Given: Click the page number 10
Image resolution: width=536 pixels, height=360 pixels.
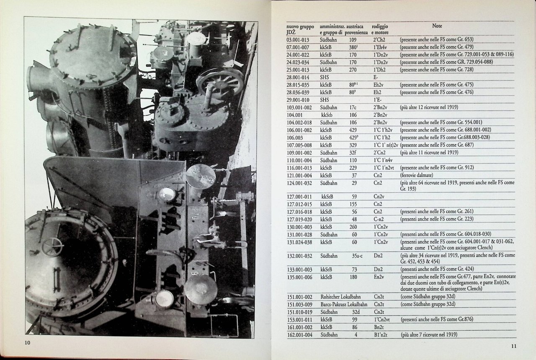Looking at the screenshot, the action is point(28,342).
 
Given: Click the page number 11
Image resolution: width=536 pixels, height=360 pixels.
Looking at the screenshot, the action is point(513,346).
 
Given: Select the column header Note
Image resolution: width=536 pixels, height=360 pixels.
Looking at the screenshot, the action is point(437,26).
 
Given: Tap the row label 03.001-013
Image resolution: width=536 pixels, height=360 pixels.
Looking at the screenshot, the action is point(298,40).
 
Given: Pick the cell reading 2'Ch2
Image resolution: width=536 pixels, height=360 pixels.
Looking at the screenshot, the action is point(379,40).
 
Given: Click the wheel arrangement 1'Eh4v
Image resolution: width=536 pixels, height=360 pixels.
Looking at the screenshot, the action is point(380,47).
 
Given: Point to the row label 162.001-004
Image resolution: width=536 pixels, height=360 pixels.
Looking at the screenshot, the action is point(299,335).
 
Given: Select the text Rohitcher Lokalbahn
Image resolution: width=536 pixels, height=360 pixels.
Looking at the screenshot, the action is point(340,297).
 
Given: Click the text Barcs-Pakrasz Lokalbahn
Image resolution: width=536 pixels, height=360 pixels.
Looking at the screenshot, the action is point(344,304).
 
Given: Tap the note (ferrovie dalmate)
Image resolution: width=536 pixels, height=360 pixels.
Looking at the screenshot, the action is point(417,175).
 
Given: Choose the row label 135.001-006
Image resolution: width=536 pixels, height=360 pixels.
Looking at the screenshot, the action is point(299,277).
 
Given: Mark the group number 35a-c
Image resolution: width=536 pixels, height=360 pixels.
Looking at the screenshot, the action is point(357,256).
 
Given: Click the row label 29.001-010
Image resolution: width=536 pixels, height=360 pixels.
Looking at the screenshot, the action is point(298,100).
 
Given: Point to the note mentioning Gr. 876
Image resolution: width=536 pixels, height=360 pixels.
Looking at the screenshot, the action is point(437,319).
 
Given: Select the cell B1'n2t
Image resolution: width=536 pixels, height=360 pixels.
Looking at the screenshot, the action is point(381,335).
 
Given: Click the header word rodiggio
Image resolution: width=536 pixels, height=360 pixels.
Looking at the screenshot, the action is point(380,26).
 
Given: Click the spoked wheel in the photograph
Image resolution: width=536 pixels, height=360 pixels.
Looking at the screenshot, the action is point(220,82).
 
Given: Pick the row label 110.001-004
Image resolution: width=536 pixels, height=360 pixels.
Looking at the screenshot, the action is point(299,160).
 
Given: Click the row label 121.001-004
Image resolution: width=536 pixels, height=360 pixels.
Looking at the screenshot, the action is point(299,175).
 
